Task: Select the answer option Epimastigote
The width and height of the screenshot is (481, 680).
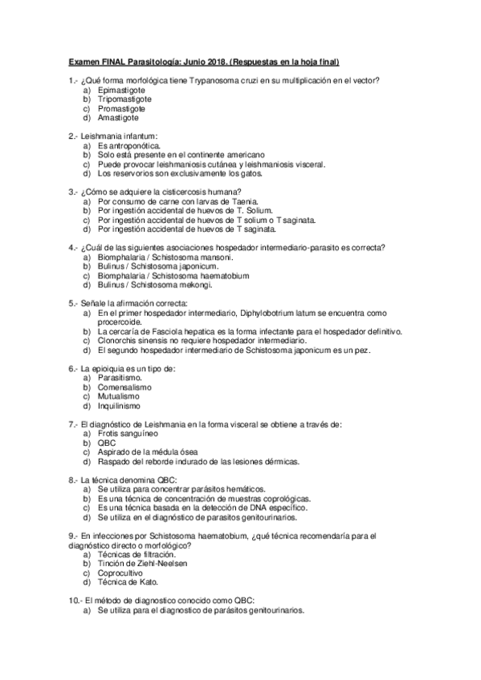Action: pyautogui.click(x=120, y=90)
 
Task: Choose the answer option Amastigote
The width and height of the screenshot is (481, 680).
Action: pyautogui.click(x=118, y=118)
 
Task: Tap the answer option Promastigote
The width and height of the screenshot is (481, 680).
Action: pyautogui.click(x=121, y=108)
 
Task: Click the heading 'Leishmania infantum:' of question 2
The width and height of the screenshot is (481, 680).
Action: pyautogui.click(x=118, y=136)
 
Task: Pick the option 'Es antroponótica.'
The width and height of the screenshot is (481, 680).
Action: pyautogui.click(x=128, y=146)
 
